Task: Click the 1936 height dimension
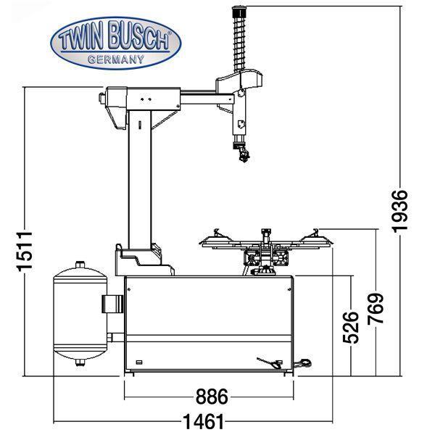coord(401,211)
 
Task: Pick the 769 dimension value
coord(375,308)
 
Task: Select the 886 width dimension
coord(211,397)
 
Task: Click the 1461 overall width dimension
coord(202,420)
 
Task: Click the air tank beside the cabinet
coord(79,316)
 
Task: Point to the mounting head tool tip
coord(243,154)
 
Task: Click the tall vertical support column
coord(139,181)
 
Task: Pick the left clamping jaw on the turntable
coord(216,236)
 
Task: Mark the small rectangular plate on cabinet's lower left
coord(140,362)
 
